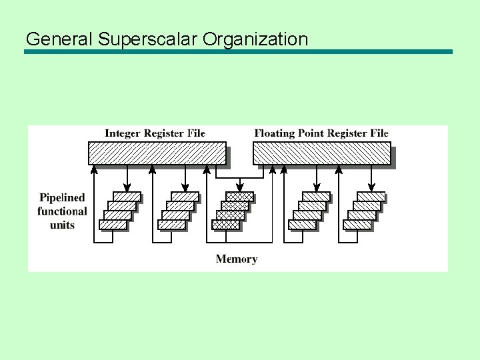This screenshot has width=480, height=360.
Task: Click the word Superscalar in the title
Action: [x=147, y=39]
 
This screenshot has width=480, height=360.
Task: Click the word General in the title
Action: [x=59, y=39]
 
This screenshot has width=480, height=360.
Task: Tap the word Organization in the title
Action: [x=255, y=39]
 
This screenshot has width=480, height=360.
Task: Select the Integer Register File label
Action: [x=155, y=133]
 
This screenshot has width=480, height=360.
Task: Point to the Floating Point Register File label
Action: [x=321, y=133]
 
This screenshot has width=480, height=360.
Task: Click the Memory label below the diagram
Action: [x=236, y=259]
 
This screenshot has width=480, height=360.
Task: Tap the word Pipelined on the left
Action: [x=62, y=197]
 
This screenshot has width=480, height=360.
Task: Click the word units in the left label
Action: [x=62, y=225]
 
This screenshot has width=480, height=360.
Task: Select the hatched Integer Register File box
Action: [x=157, y=153]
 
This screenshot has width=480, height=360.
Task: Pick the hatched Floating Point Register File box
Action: [x=321, y=153]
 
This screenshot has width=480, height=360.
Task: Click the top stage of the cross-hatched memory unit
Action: [x=239, y=196]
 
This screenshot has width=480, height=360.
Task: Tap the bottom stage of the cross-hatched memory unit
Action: [x=225, y=225]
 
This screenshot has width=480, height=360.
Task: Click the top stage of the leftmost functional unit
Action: [x=127, y=196]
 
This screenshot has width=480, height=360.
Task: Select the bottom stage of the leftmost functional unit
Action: [x=113, y=225]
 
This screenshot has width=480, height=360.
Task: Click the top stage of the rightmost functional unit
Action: [x=371, y=196]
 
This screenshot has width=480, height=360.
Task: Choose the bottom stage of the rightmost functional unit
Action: [x=357, y=225]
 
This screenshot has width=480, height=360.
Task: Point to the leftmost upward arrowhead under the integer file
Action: [x=94, y=169]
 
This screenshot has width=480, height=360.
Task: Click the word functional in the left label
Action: [x=62, y=211]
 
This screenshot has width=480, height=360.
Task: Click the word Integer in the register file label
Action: [x=121, y=133]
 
